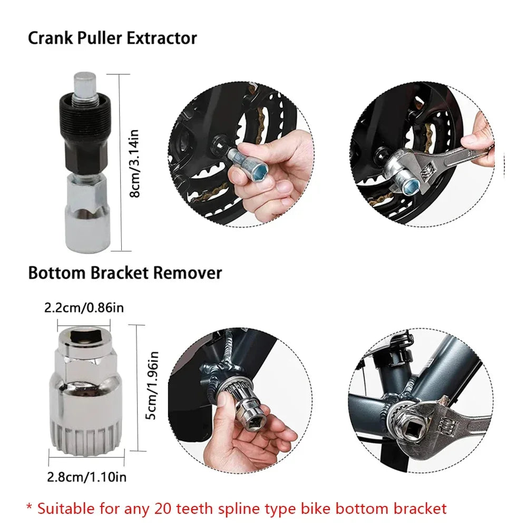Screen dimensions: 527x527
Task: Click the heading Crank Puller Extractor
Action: tap(112, 38)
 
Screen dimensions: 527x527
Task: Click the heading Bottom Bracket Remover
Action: tap(125, 273)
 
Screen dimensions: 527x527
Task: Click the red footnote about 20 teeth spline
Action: tap(237, 508)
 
